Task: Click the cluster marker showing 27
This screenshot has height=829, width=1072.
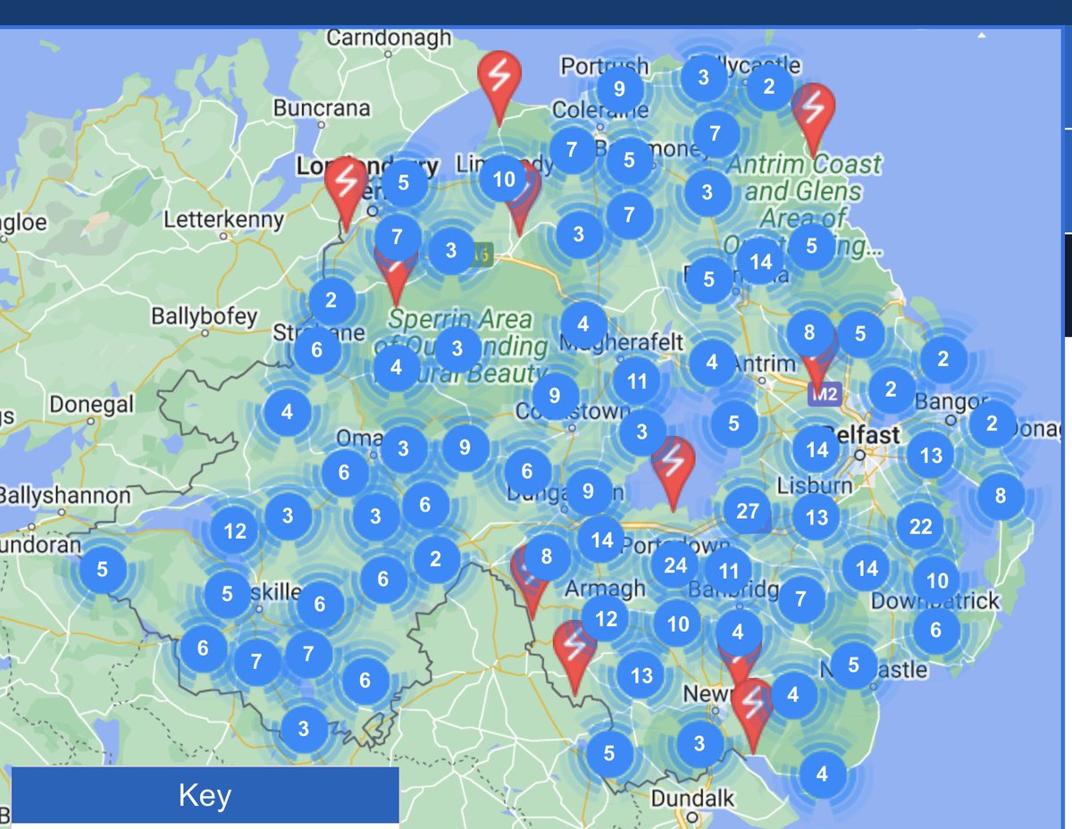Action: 747,511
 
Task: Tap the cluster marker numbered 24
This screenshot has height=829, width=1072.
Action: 675,565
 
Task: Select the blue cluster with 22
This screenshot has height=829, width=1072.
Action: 920,526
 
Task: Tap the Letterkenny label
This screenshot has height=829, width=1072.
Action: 223,219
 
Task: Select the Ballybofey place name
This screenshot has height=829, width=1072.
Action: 204,316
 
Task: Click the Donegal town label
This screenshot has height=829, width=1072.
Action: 91,405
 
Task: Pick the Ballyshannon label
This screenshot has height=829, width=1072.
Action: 64,495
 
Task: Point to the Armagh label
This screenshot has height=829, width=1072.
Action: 604,588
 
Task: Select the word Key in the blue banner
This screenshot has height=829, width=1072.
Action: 205,795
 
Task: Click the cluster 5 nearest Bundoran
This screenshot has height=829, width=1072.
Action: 102,569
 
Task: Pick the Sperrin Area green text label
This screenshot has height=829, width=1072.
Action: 460,319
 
